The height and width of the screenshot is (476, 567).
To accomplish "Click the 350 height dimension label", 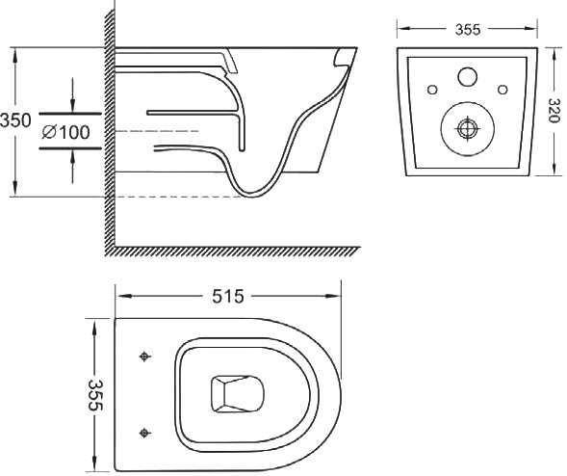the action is pos(15,120).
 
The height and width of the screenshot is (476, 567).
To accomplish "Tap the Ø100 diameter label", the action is pos(65,132).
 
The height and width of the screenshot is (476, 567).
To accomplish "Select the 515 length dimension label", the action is pos(228,297).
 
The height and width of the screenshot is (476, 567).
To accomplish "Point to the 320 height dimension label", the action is pos(553,111).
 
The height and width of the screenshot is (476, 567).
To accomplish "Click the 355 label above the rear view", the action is pos(468,30).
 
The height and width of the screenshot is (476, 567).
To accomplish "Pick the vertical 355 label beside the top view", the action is pos(95,395).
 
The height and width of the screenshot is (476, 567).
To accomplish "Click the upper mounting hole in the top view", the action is pos(144,357).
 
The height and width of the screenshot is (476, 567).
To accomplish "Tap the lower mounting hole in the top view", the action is pos(144,433).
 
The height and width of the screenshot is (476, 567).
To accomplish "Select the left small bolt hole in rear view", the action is pos(432,90).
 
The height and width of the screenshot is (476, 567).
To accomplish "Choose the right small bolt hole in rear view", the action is pos(503,90).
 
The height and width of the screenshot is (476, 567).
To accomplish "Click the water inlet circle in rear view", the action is pos(468,77).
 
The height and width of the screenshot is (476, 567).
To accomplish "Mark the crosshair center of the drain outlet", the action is pos(468,128).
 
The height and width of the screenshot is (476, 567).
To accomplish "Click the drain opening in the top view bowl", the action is pos(237,394).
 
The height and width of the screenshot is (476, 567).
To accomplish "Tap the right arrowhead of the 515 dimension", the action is pos(333,296).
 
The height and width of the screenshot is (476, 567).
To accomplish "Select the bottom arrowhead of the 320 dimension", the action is pos(554,168).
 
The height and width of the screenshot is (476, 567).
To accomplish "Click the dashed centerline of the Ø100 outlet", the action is pos(157,131).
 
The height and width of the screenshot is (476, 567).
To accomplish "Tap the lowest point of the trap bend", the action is pos(252,196).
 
